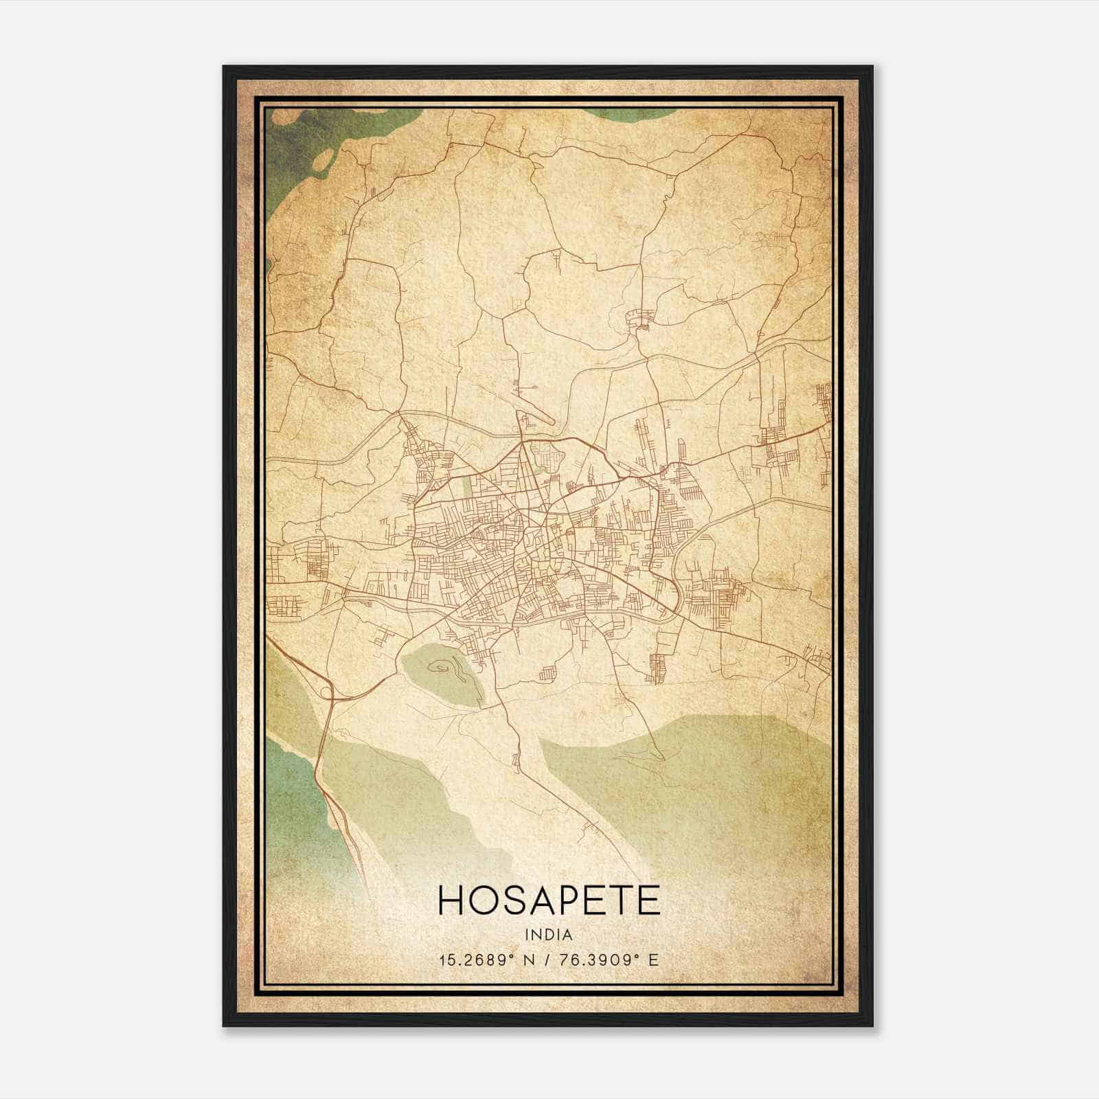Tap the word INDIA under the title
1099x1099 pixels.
point(548,935)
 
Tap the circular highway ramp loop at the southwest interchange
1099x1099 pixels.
point(325,692)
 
